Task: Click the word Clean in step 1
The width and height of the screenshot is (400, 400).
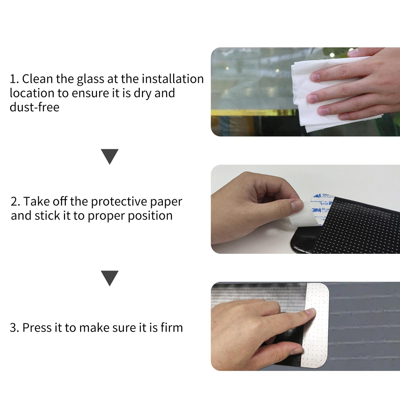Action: click(x=37, y=79)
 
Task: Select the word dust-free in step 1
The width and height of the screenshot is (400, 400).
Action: click(x=34, y=107)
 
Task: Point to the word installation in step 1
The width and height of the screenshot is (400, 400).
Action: click(x=173, y=79)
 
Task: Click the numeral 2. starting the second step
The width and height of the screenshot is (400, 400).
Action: click(x=15, y=201)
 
